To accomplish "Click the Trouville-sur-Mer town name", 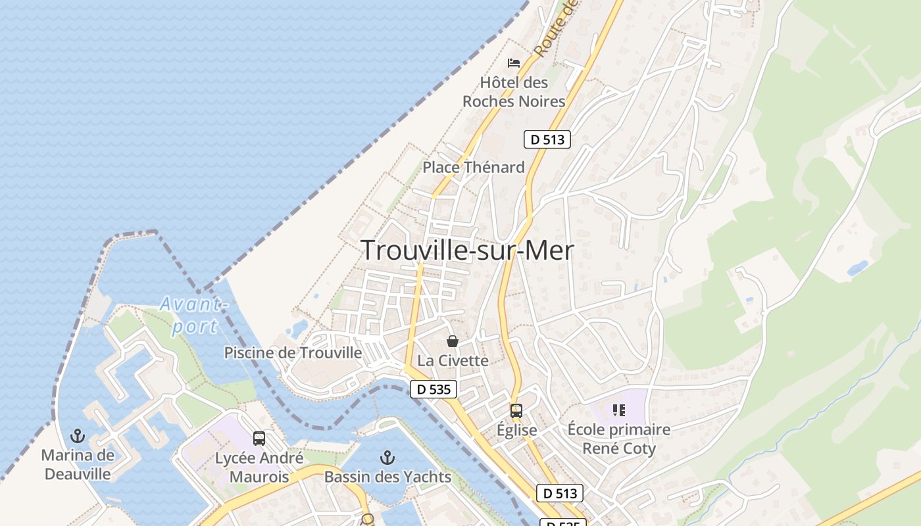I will point(467,251).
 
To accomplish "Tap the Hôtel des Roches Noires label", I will point(514,92).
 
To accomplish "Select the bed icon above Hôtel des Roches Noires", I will point(514,63).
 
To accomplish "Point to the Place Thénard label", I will point(474,167).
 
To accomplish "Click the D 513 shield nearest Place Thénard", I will point(547,139).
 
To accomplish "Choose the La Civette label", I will point(453,360).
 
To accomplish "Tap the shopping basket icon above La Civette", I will point(453,341).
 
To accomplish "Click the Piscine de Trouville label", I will point(293,352).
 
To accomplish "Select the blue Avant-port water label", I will point(193,315).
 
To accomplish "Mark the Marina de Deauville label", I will point(78,464).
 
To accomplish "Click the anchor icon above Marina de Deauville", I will point(78,436).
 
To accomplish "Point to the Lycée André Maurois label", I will point(259,467).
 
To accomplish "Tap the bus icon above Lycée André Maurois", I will point(259,439).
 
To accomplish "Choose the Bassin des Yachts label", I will point(388,477).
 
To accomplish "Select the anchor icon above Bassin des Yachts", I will point(388,457).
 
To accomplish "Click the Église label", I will point(516,430).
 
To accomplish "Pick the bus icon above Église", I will point(516,411).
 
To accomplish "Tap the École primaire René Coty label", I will point(619,439).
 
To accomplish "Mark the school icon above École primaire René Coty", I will point(618,410).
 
